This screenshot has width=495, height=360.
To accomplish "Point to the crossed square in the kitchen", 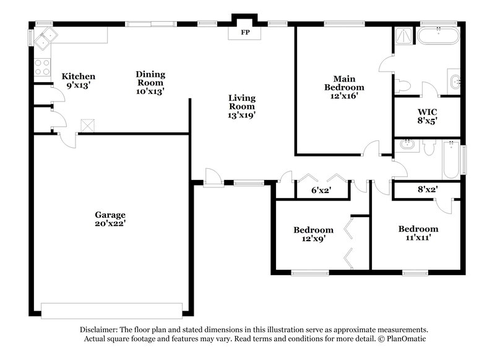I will click(87, 126).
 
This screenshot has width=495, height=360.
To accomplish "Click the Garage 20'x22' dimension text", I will click(110, 223).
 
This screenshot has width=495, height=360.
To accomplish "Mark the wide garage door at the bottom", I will click(111, 309).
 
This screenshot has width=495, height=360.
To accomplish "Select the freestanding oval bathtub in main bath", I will click(438, 35).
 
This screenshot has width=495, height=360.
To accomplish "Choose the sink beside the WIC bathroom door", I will click(454, 81).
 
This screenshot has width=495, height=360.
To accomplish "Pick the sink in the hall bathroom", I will click(407, 145).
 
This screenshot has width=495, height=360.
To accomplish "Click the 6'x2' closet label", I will click(321, 191).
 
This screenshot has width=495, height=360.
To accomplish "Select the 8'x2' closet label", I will click(427, 191).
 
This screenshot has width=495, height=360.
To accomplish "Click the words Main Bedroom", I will click(344, 83).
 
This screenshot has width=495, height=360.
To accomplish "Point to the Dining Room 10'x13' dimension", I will click(150, 91).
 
